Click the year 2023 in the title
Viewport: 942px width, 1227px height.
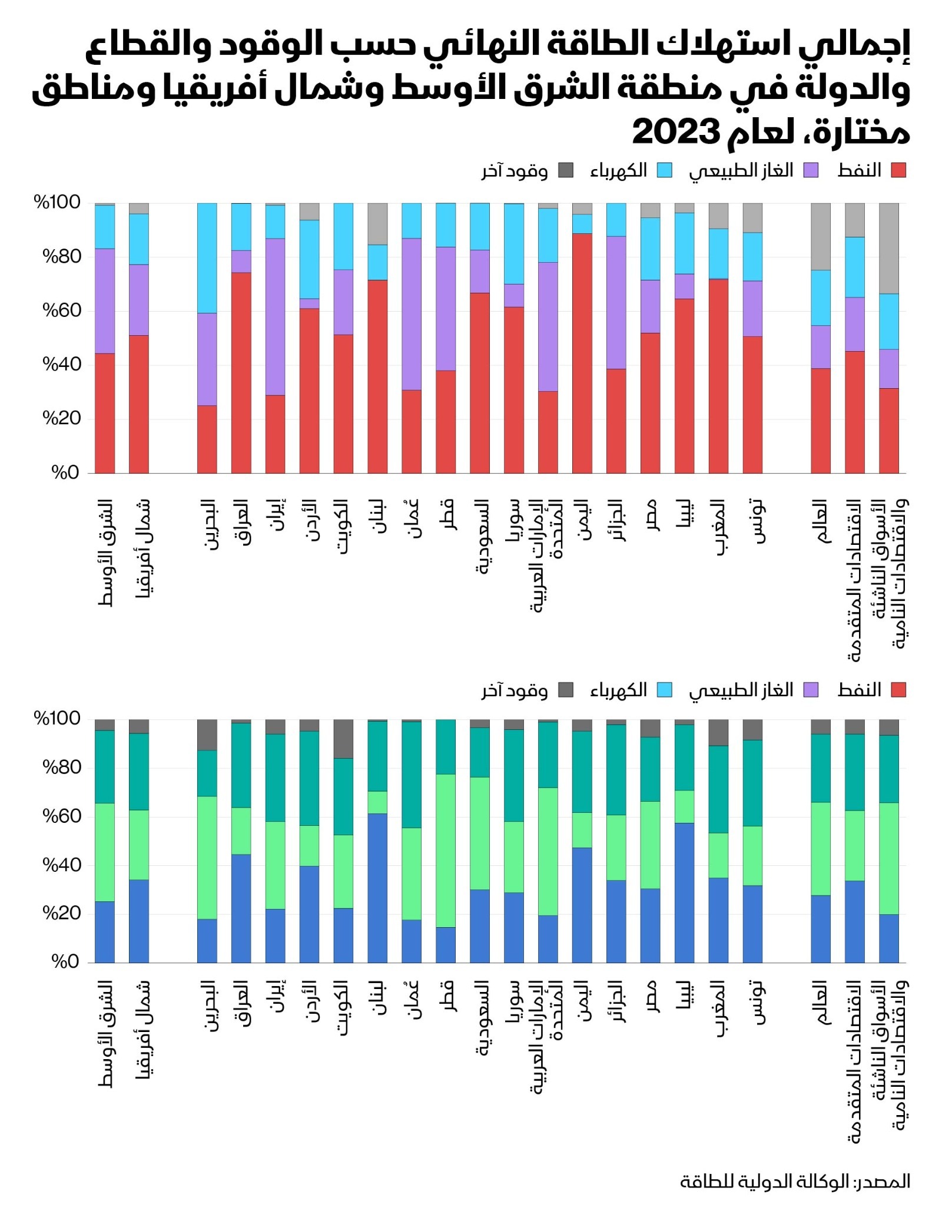(676, 133)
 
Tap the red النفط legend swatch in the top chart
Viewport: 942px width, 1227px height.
(898, 171)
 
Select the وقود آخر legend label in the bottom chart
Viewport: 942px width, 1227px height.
(514, 690)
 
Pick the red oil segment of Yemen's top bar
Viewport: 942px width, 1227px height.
(582, 353)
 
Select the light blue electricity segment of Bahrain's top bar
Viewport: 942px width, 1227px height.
(207, 258)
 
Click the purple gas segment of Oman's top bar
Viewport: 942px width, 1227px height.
(412, 314)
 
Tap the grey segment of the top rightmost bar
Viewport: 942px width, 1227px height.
(888, 248)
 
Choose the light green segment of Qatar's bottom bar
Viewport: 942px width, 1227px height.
(446, 851)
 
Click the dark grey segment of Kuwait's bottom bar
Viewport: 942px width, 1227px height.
(343, 738)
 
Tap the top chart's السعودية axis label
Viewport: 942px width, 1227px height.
(482, 536)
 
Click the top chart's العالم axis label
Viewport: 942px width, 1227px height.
(821, 521)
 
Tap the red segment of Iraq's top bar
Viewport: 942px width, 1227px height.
(241, 372)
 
